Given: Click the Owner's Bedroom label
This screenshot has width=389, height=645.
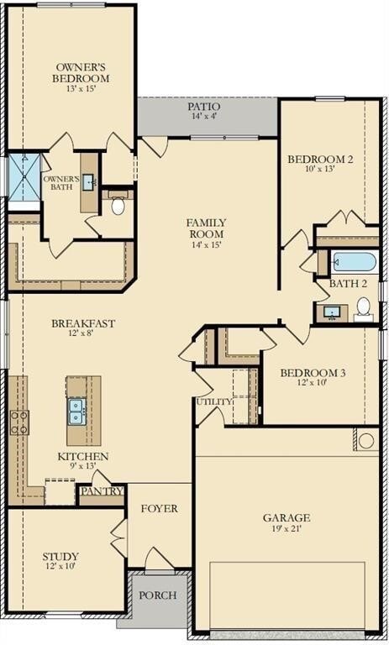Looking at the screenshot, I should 82,72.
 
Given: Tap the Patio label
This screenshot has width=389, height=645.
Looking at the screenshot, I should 204,107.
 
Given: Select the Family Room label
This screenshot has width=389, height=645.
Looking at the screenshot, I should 206,228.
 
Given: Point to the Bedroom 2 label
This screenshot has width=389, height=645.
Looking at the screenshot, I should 320,160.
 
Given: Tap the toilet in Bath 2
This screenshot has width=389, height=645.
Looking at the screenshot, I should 363,310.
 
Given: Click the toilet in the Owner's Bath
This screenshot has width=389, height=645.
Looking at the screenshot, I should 118,205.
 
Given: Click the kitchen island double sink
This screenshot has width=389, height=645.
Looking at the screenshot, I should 76,411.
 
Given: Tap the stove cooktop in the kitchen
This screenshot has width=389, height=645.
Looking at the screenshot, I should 18,422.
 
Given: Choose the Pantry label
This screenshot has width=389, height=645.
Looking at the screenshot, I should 102,491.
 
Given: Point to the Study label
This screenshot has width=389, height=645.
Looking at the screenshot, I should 60,556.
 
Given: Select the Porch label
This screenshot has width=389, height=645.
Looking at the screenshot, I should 157,595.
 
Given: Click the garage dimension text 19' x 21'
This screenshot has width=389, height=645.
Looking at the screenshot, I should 286,531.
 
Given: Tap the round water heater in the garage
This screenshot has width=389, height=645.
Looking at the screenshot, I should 366,440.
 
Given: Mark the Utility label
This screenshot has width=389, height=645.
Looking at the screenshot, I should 213,402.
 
